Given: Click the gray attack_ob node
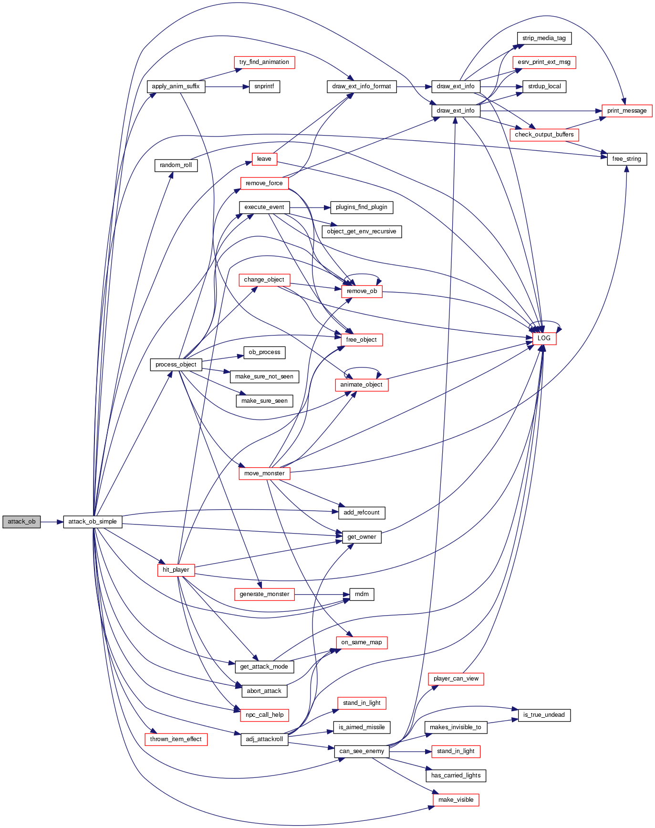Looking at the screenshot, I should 21,522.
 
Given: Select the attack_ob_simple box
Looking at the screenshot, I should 93,522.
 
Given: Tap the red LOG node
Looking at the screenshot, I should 544,338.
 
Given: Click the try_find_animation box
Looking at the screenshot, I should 264,62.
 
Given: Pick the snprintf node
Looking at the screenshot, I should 264,86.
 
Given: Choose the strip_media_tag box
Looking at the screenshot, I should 544,38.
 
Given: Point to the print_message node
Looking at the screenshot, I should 627,111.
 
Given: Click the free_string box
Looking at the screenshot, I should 627,159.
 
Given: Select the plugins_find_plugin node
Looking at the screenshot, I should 362,207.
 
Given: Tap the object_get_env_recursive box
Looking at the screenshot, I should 362,231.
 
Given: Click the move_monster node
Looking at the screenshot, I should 264,473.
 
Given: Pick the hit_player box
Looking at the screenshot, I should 176,570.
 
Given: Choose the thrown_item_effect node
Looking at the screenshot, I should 176,739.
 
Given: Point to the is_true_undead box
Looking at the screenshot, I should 544,715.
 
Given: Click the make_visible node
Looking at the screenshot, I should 456,800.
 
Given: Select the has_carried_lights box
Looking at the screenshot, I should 456,776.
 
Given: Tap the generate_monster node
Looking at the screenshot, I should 264,594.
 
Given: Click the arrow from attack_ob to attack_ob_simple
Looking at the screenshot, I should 52,522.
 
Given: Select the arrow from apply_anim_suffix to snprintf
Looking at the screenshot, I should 227,86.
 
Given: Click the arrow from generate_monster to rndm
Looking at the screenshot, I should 322,594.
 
